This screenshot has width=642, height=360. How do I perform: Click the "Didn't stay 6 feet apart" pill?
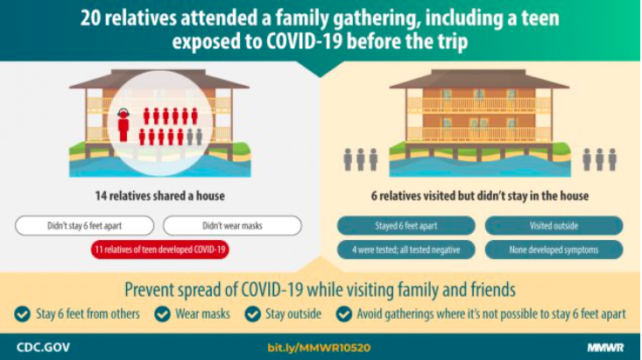tap(84, 226)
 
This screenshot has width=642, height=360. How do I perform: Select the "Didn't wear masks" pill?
tap(232, 226)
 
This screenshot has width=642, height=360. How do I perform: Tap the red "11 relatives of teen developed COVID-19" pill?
tap(159, 250)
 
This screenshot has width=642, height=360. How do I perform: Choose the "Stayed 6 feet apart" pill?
tap(406, 226)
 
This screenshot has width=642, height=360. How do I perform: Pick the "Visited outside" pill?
tap(554, 226)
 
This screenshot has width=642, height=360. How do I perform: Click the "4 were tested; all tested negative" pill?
tap(406, 250)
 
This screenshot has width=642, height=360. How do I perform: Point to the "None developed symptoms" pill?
tap(554, 250)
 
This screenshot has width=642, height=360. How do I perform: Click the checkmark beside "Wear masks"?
tap(163, 314)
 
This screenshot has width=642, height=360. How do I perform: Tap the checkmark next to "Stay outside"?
tap(252, 314)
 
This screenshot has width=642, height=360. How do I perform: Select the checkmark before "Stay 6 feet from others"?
tap(22, 314)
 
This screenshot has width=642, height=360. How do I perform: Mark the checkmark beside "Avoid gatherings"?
tap(344, 314)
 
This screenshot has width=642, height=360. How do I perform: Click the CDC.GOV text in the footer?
tap(43, 348)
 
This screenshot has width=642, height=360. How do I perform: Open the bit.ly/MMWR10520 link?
tap(319, 348)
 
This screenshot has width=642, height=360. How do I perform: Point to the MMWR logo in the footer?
tap(605, 348)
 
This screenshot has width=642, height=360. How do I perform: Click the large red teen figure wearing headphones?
tap(123, 125)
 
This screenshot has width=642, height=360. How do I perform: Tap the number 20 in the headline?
tap(90, 19)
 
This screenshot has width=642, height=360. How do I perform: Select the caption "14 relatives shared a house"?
tap(159, 196)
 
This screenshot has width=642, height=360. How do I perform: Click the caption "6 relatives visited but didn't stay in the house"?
tap(480, 196)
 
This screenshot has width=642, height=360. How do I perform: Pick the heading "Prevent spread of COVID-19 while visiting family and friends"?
tap(320, 290)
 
